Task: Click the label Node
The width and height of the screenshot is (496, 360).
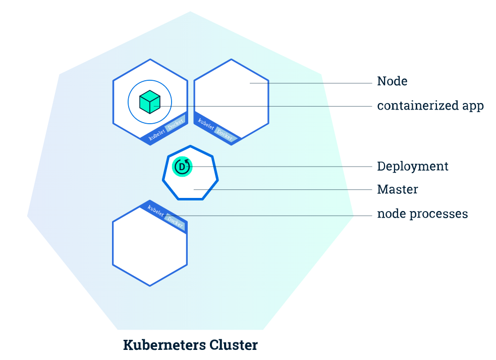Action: [x=392, y=81]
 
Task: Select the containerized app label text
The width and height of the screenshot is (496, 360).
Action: [x=430, y=106]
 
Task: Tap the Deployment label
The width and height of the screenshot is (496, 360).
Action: [x=412, y=166]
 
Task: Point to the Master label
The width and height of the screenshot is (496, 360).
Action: [x=397, y=189]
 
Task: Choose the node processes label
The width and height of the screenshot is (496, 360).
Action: [x=422, y=214]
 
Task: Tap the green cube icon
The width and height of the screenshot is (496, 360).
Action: [x=150, y=102]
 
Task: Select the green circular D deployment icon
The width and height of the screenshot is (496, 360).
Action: [x=182, y=167]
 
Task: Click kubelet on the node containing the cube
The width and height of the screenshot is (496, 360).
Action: [x=156, y=134]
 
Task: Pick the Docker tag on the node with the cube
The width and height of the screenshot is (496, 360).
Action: [x=175, y=124]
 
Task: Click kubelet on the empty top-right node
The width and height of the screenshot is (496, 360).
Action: [x=206, y=124]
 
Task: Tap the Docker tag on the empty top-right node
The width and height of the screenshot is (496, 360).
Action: [x=225, y=135]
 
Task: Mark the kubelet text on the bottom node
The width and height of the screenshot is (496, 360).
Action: [x=155, y=211]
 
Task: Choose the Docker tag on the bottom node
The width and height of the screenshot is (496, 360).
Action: [x=175, y=222]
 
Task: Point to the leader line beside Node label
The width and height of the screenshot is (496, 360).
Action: [x=311, y=83]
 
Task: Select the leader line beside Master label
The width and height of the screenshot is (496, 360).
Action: [x=283, y=190]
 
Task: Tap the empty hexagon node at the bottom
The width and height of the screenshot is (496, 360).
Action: [x=150, y=250]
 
